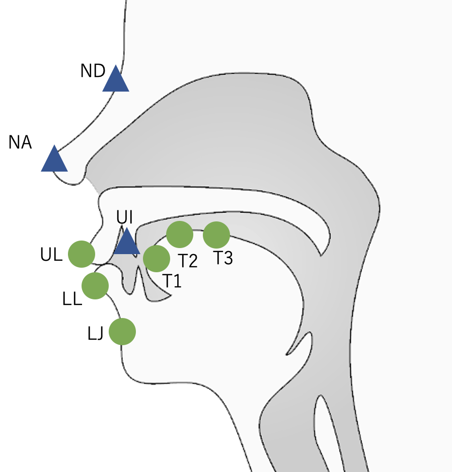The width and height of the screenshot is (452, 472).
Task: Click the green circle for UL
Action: coord(82,254)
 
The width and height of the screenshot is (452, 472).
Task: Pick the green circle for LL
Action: coord(95,285)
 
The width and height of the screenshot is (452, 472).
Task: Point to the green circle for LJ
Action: coord(122,332)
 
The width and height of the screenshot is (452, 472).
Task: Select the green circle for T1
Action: coord(157,259)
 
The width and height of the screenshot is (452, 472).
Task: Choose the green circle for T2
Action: coord(180,234)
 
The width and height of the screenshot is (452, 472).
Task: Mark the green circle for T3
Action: coord(216,234)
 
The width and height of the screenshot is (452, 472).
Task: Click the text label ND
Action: coord(93,71)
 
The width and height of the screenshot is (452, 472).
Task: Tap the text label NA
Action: coord(20,143)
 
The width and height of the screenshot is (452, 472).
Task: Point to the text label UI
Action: coord(124,218)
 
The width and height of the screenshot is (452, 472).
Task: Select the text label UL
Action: coord(51,255)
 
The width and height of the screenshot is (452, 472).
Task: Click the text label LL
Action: coord(72,300)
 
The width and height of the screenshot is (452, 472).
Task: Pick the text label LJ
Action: coord(96,333)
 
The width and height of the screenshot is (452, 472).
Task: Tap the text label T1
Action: coord(172,281)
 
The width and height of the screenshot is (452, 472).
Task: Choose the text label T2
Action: coord(188,261)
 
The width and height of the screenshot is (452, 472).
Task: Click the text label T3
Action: coord(223,258)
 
